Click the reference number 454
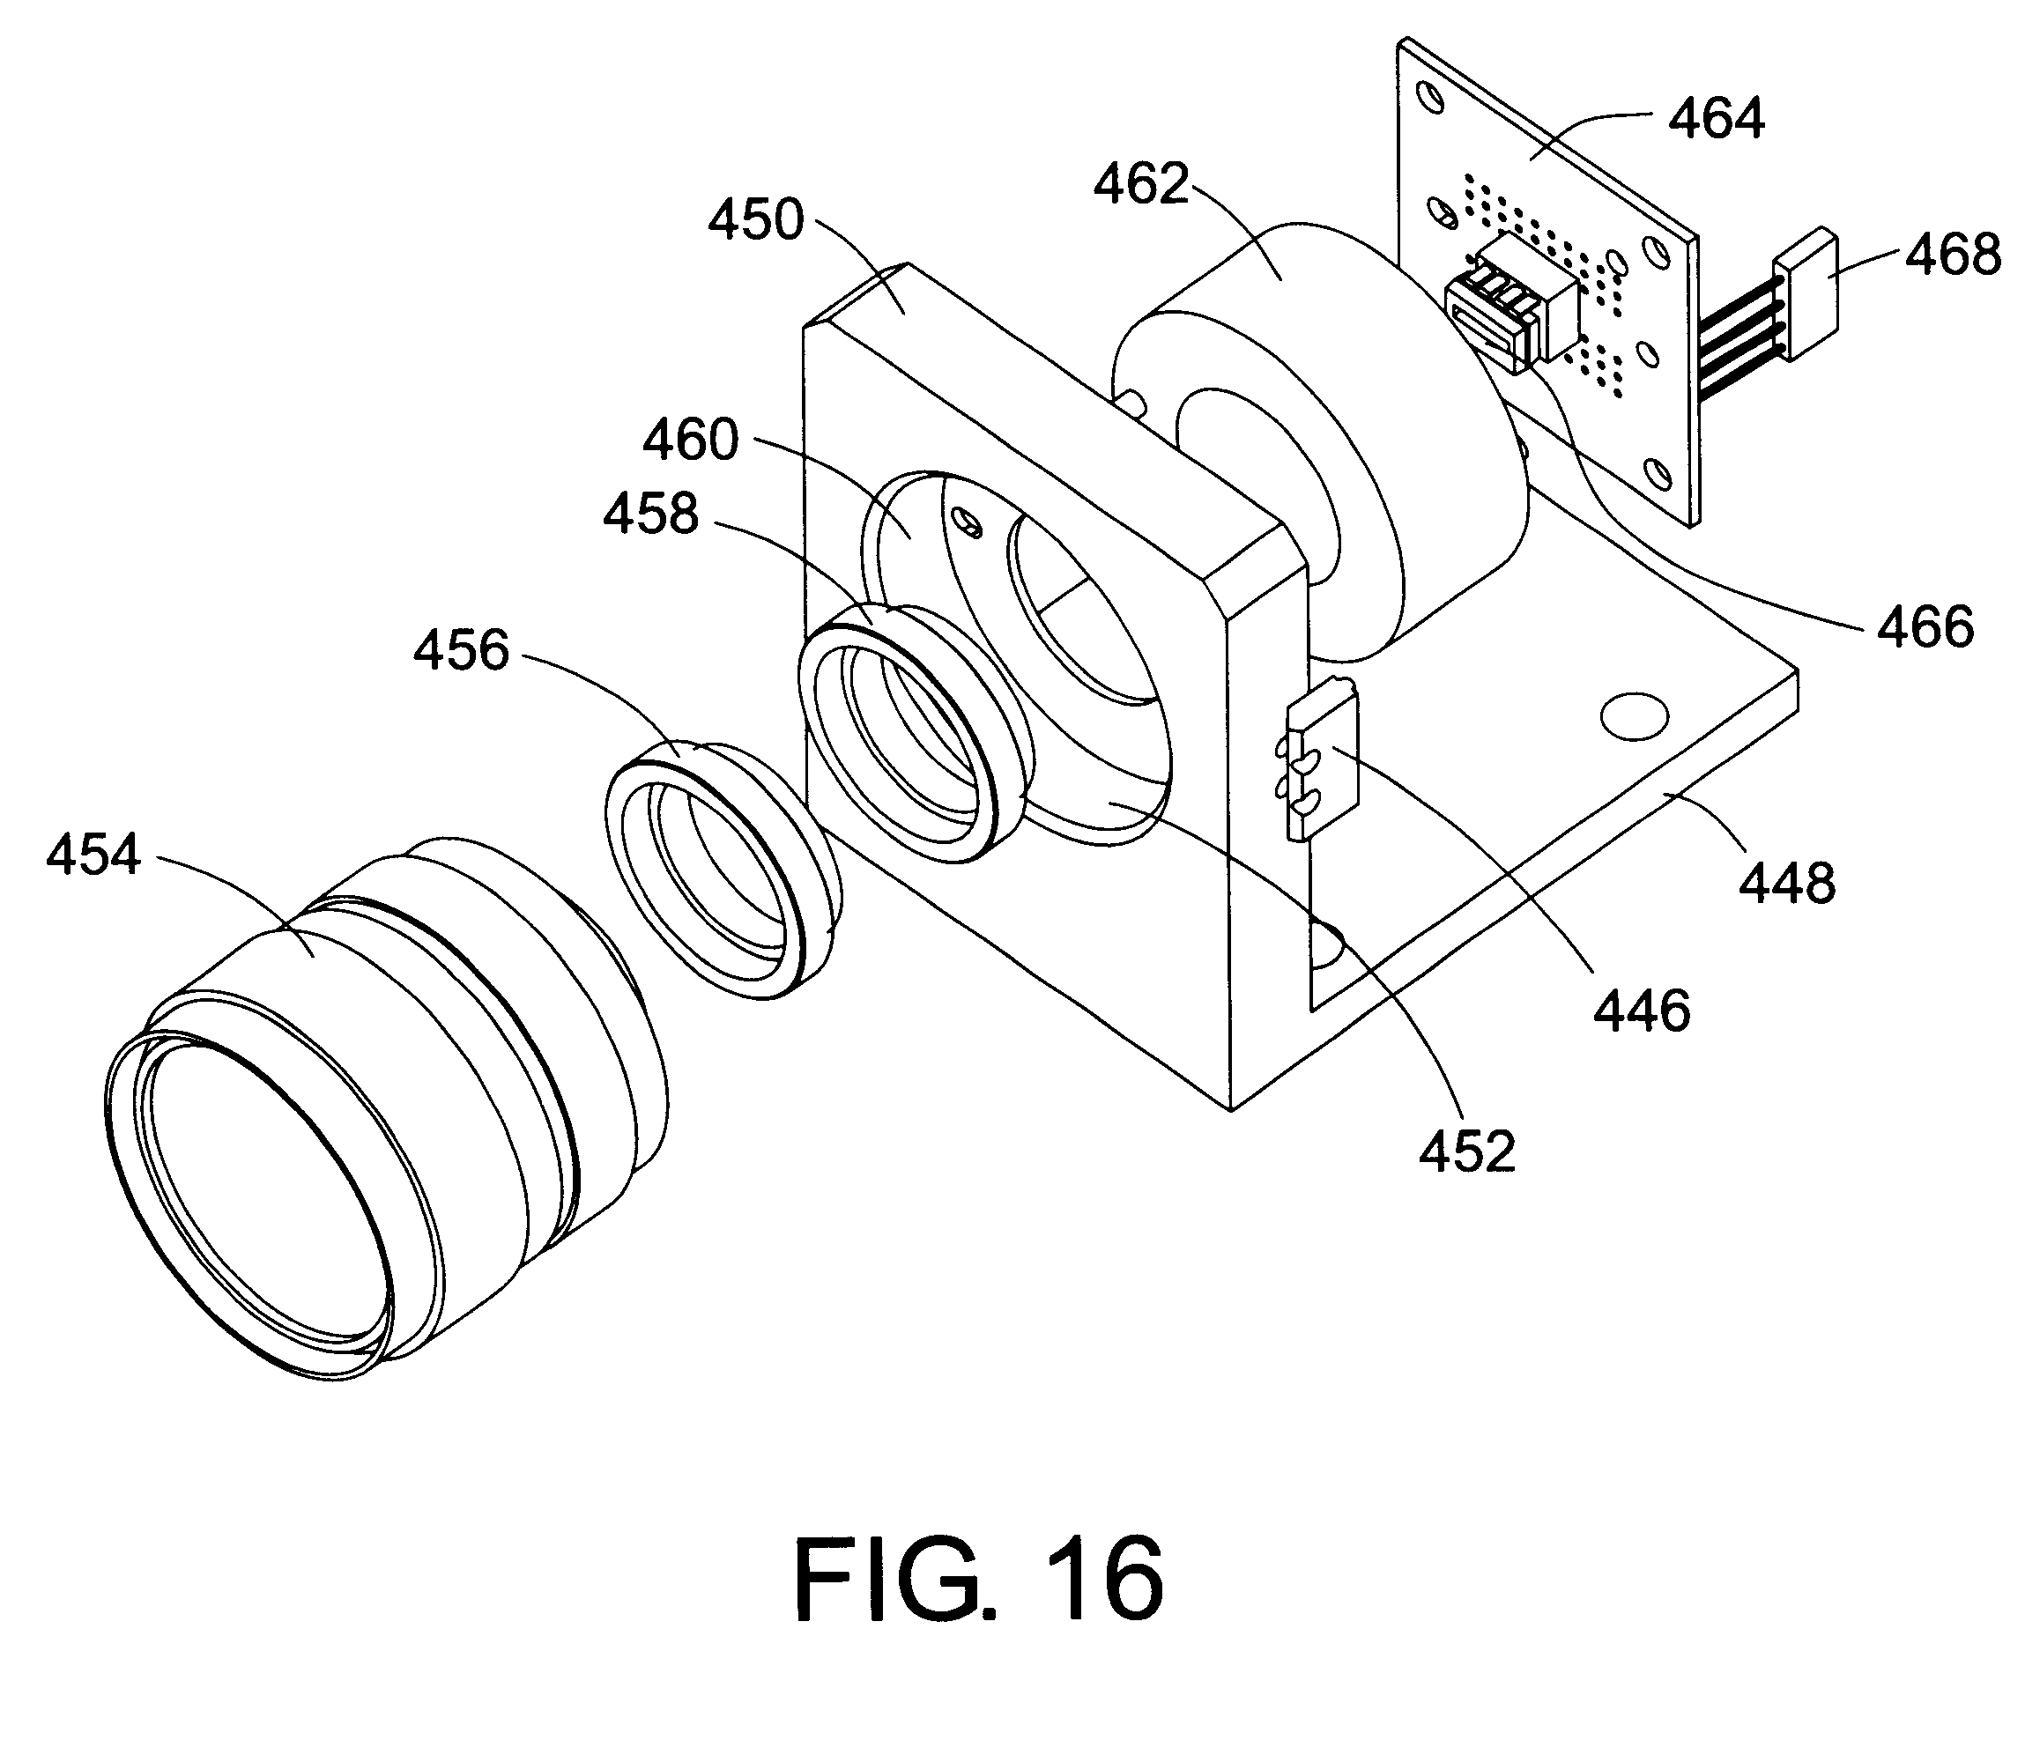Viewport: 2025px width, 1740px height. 93,855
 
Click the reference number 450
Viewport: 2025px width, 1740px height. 755,220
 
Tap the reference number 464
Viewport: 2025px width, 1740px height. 1717,119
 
